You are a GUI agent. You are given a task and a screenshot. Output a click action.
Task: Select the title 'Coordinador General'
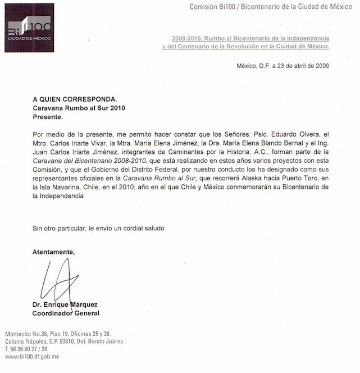(66, 313)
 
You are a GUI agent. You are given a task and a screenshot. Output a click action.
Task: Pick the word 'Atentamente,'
(53, 251)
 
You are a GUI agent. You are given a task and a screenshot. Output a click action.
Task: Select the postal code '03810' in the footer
(67, 341)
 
